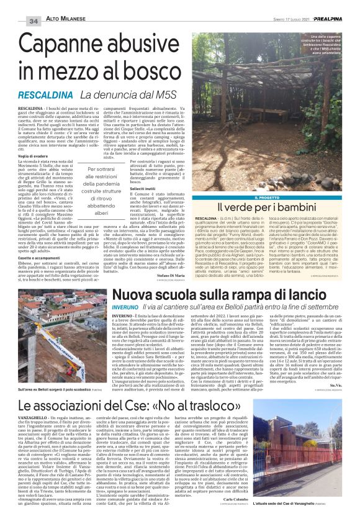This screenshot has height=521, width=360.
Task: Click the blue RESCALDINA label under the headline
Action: [x=48, y=95]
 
